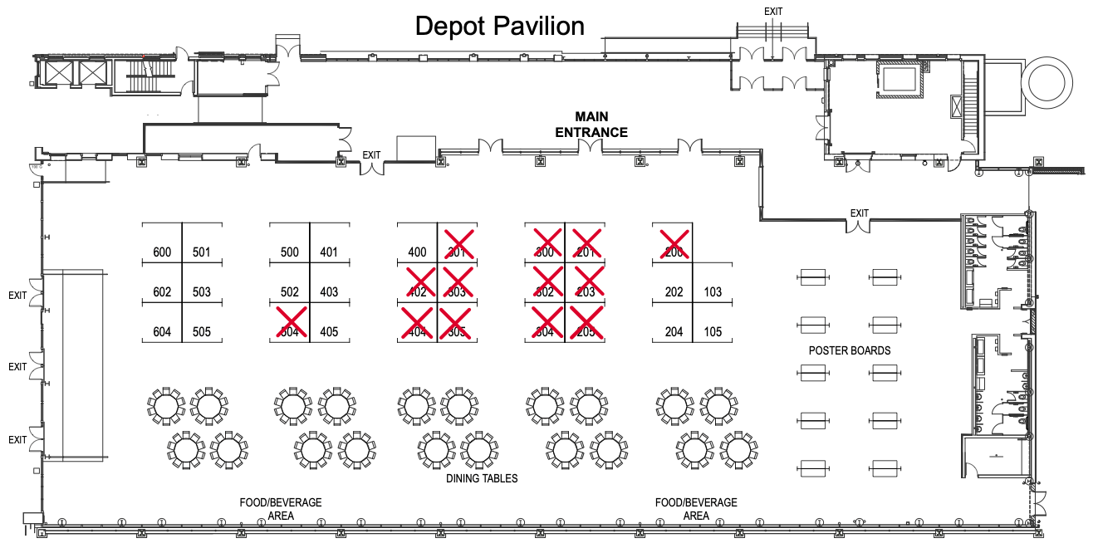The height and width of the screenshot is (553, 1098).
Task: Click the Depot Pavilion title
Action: pos(499,26)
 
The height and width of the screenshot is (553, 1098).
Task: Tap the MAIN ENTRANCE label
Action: pos(591,125)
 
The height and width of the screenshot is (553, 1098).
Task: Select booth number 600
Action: pos(162,252)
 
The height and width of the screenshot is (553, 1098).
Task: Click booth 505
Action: pos(202,332)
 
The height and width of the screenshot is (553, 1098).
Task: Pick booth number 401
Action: pos(329,252)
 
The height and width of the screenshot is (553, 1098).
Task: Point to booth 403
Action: pos(329,292)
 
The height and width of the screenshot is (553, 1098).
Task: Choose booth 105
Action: pos(713,332)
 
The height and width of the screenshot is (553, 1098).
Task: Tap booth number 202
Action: pos(674,292)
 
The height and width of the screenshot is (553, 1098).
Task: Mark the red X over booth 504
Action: pos(291,322)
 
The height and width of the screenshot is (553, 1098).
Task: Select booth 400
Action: pos(418,252)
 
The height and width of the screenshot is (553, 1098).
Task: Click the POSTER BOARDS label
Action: pos(850,350)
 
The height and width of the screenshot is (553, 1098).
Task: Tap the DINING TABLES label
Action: pos(482,478)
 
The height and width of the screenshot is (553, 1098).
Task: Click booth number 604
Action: pos(162,332)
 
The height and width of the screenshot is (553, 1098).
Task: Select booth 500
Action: pos(290,252)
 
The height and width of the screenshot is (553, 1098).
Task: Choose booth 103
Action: pos(713,292)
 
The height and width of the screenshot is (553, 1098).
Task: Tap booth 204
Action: pos(674,332)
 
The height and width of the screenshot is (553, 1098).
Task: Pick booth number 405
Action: pos(329,332)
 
